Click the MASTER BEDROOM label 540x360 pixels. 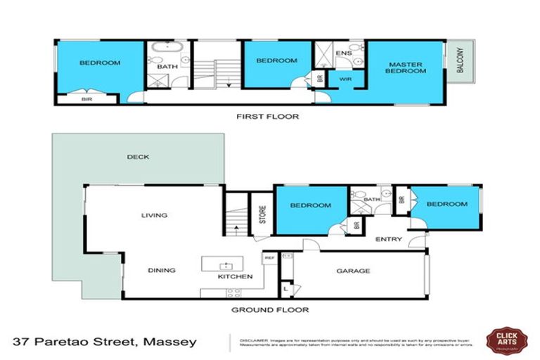pos(406,68)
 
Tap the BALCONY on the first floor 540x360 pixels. pos(460,62)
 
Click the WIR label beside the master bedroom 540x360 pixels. pos(345,79)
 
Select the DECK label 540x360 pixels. pos(138,157)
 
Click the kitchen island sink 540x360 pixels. pos(226,265)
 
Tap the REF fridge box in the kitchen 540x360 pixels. pos(269,258)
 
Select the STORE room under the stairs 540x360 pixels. pos(261,214)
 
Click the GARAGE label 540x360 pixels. pos(353,271)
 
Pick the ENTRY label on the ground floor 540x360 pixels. pos(388,239)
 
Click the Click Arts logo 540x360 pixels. pos(506,341)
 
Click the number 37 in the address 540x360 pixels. pos(22,342)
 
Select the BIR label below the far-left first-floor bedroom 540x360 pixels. pos(87,99)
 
